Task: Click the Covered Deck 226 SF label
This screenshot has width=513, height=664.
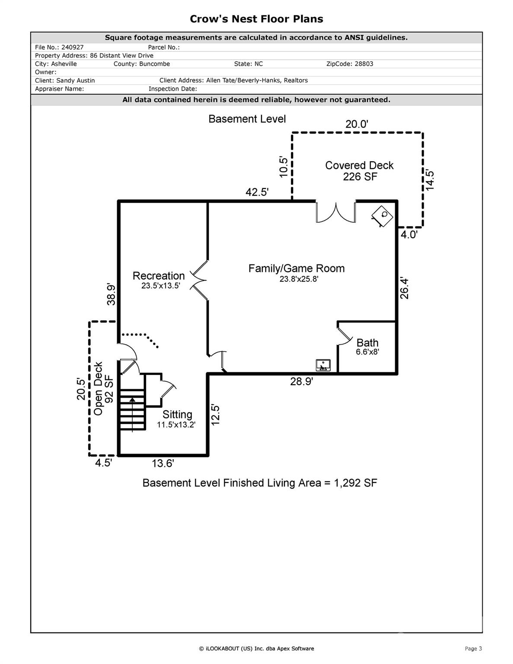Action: click(360, 171)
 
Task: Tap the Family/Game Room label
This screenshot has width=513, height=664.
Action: click(296, 273)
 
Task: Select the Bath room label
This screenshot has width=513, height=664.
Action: click(367, 347)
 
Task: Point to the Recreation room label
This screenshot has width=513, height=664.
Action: click(159, 280)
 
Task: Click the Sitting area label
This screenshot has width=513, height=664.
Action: click(176, 419)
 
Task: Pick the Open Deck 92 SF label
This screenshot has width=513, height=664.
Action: click(104, 388)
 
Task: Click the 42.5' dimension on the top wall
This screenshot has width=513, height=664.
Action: click(257, 192)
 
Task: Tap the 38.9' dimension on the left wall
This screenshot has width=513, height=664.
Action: click(111, 294)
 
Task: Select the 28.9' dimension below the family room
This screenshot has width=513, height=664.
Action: click(302, 382)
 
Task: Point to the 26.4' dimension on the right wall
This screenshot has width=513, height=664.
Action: click(404, 288)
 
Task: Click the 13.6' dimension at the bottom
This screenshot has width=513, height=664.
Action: click(163, 463)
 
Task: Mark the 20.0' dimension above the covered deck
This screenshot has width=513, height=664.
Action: click(357, 124)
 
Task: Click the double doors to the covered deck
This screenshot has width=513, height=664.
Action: click(336, 212)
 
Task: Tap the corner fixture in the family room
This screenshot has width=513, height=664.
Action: click(382, 216)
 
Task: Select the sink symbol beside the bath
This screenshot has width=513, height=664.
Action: click(323, 365)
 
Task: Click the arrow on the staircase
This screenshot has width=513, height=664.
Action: click(132, 414)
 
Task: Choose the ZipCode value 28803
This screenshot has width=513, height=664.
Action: click(363, 64)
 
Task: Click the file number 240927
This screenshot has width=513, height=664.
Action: click(72, 48)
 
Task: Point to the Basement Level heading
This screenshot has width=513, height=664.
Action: click(247, 119)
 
